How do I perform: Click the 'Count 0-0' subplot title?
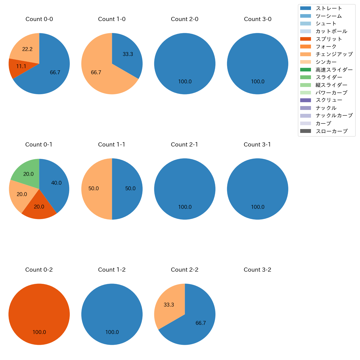(39, 19)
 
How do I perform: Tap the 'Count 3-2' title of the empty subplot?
(257, 270)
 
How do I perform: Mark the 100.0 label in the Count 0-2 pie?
(39, 332)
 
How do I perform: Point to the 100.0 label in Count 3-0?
(258, 82)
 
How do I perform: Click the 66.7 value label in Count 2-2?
(200, 323)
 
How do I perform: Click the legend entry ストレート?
(329, 8)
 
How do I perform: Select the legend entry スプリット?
(329, 39)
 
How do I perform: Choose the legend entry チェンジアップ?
(334, 54)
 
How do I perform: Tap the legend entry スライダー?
(329, 77)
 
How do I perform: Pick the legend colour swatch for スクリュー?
(305, 100)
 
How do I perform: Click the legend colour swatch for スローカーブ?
(305, 131)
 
